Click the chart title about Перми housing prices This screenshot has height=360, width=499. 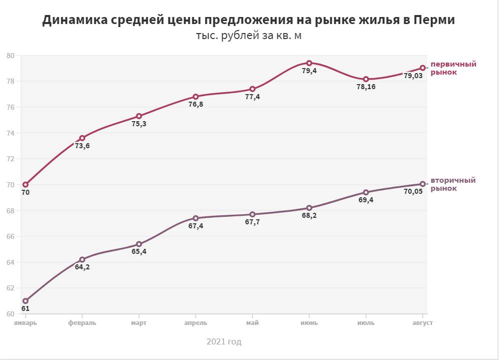point(249,20)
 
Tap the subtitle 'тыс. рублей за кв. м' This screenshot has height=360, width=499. point(249,36)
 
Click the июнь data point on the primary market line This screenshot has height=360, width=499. point(309,63)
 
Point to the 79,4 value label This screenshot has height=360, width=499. point(309,71)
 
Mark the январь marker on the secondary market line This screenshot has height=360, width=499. point(26,301)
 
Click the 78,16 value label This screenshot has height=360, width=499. point(366,87)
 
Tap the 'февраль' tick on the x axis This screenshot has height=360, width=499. point(82,323)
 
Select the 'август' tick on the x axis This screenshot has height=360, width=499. point(423,323)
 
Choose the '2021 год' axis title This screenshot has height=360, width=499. point(224,342)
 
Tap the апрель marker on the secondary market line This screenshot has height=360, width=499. point(196,218)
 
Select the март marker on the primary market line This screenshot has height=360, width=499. point(139,116)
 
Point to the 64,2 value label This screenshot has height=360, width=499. point(82,267)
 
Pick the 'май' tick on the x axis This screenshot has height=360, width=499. point(253,323)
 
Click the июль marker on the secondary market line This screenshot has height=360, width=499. point(366,192)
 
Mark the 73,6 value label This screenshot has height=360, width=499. point(82,146)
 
